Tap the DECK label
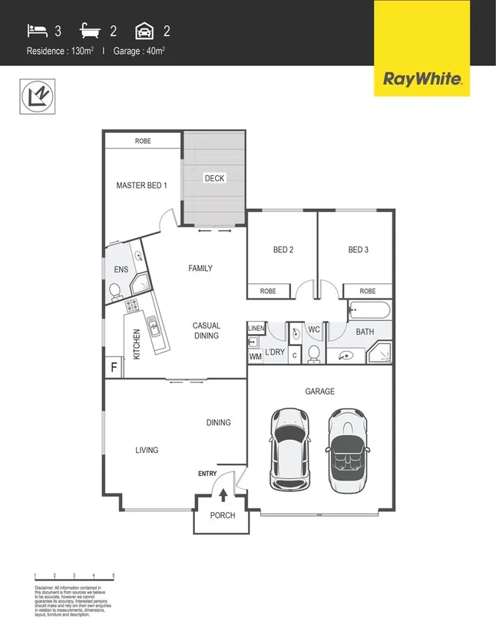point(214,178)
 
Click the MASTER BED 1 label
point(141,185)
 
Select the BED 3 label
point(359,249)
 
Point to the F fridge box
point(114,367)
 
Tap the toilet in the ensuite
point(115,290)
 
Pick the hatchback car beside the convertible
point(290,448)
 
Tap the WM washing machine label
point(256,356)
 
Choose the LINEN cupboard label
point(256,329)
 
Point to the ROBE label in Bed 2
point(268,291)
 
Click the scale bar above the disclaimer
point(74,575)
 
